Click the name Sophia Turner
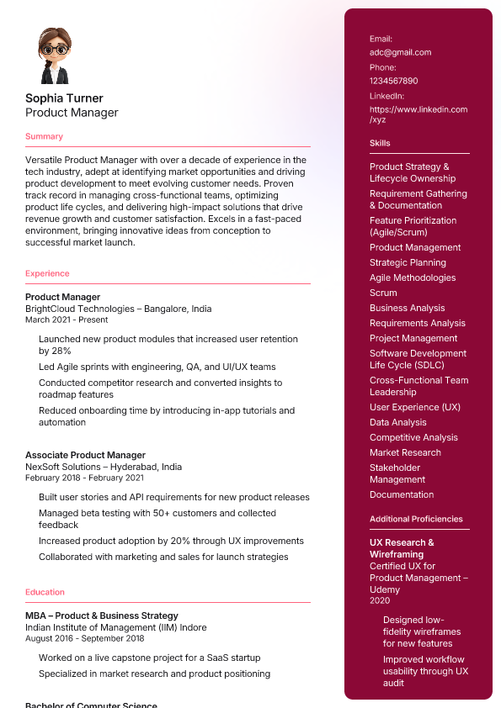point(64,98)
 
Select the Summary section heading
point(44,136)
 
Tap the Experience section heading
point(47,273)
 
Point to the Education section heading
point(45,592)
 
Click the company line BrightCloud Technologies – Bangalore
point(118,309)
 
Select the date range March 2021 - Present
point(67,320)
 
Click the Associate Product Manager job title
point(85,455)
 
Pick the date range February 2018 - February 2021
point(84,478)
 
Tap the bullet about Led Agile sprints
point(157,367)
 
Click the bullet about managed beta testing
point(157,519)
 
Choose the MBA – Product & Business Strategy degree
point(101,616)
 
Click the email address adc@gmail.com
point(400,52)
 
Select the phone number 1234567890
point(393,81)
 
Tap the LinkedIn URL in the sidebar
point(418,114)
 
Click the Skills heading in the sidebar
point(380,143)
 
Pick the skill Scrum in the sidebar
point(383,293)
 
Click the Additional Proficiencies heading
point(416,519)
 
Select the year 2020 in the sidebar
point(380,600)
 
